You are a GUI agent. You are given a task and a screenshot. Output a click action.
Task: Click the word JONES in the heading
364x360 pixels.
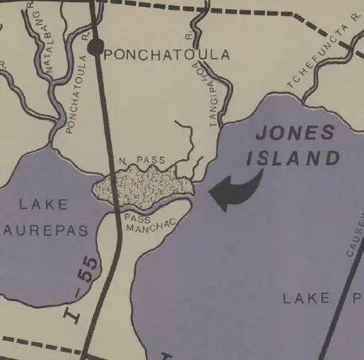coord(294,134)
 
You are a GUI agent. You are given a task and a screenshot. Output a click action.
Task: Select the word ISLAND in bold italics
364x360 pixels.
coord(298,159)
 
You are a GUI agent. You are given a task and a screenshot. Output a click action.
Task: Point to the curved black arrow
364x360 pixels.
coord(235,191)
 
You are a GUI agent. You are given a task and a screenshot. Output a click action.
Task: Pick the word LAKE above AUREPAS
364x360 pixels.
coord(44,204)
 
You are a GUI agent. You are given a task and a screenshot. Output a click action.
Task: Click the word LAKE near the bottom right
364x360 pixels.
coord(307,298)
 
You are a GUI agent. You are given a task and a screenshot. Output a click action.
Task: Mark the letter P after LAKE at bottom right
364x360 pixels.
coord(356,298)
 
